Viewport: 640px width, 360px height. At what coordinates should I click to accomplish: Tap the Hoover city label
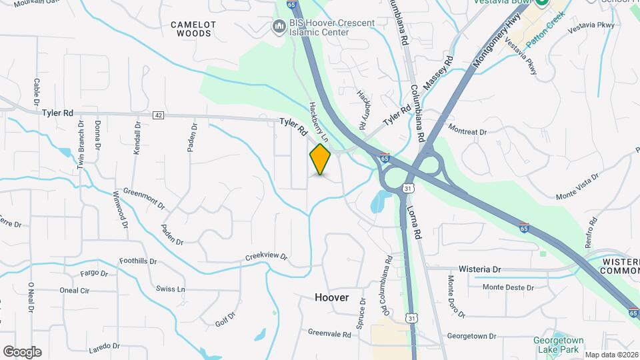(x=331, y=297)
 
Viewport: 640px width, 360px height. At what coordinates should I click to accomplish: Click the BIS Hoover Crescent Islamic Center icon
(x=279, y=25)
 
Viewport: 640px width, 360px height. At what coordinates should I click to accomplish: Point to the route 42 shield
(x=158, y=115)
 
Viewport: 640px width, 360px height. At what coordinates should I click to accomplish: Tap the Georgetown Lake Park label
(x=558, y=344)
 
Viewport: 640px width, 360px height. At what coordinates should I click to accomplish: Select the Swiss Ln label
(x=170, y=289)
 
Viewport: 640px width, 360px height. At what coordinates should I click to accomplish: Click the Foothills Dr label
(x=137, y=261)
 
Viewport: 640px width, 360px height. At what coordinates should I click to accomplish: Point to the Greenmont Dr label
(x=143, y=197)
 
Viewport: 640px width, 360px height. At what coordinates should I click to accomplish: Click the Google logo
(x=22, y=352)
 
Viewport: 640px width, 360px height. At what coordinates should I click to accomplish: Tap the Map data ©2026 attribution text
(x=610, y=355)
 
